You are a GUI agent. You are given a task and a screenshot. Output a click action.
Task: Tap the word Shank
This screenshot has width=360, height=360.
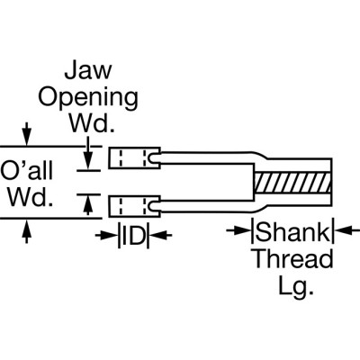pos(291,232)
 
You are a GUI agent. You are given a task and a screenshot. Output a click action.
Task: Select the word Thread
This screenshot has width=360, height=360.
pos(291,260)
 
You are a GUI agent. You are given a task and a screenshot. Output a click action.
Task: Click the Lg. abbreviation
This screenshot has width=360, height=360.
pos(291,287)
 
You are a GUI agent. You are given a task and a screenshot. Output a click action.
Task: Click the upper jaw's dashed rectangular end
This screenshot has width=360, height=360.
pos(132,158)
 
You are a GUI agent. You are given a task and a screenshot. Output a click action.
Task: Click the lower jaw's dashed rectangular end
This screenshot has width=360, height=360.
pos(132,207)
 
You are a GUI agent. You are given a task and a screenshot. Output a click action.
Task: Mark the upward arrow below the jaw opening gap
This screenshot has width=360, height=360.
pos(87,205)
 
